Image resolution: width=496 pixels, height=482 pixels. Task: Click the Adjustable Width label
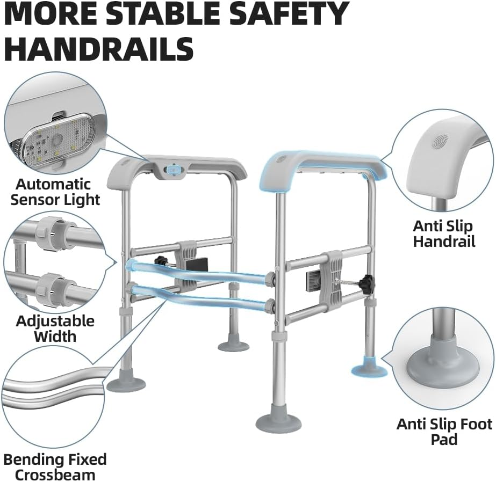(x=55, y=328)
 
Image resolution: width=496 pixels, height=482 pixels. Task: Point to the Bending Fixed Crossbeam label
(x=55, y=467)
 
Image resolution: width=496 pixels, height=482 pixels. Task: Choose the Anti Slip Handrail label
(x=444, y=234)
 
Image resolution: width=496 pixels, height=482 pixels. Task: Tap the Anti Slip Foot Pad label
(x=444, y=432)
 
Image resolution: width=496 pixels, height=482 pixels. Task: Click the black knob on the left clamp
(x=160, y=261)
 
